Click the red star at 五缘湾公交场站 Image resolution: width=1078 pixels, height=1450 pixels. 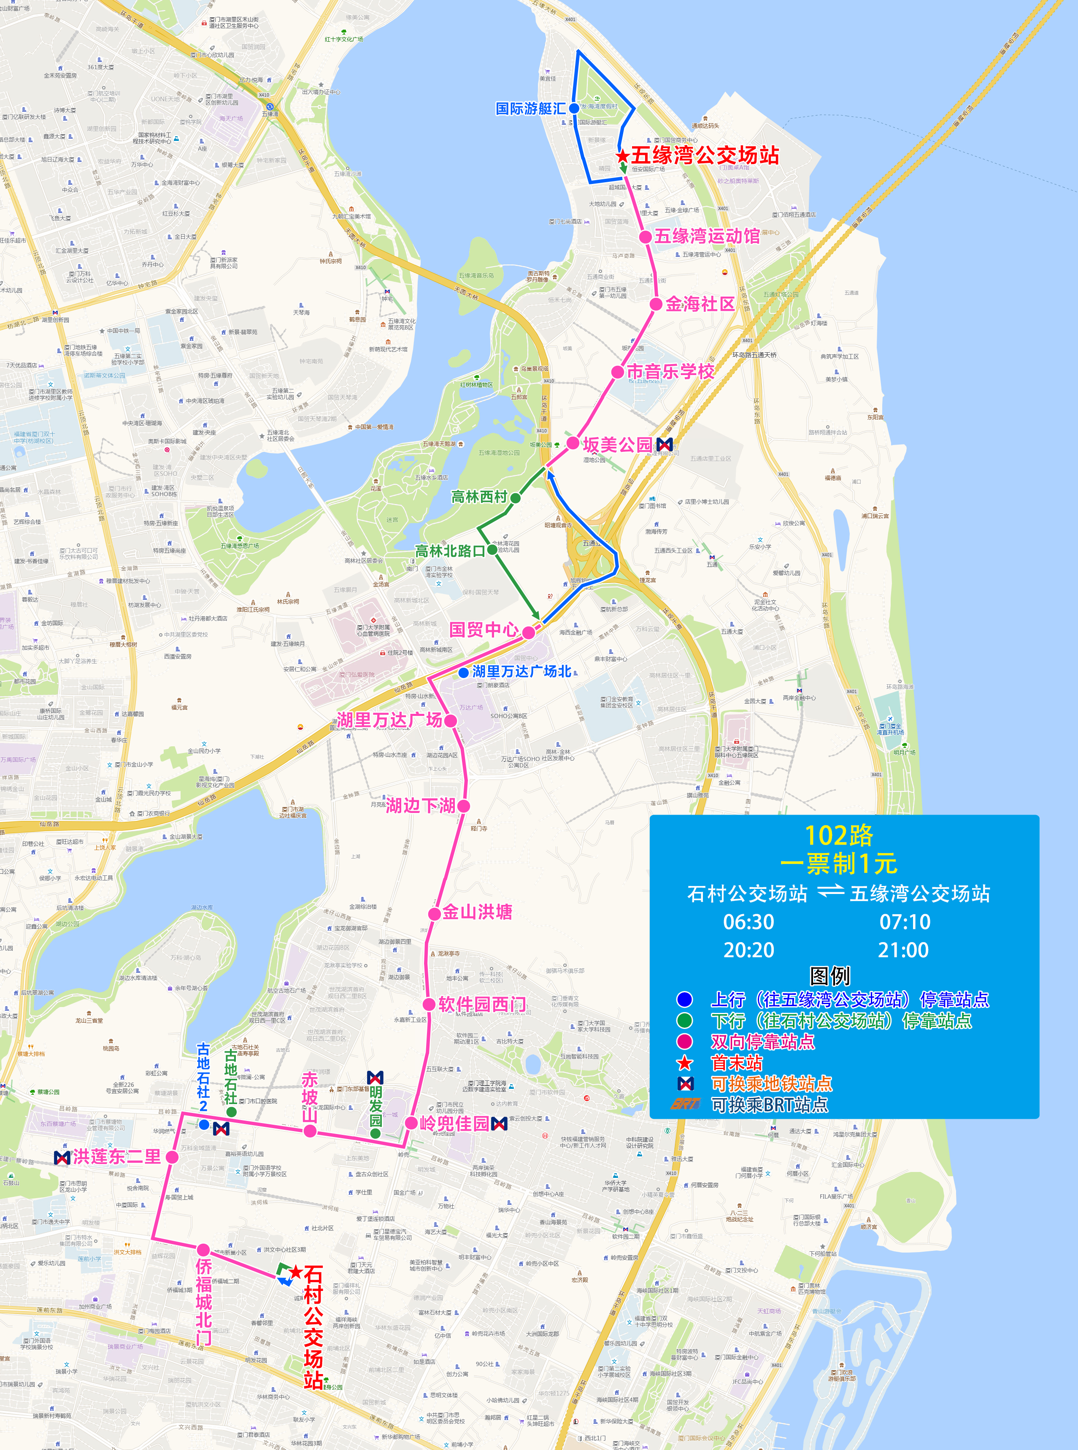(x=622, y=156)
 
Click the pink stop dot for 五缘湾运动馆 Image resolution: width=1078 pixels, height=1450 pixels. (x=645, y=237)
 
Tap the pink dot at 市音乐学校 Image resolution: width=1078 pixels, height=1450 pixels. (x=617, y=372)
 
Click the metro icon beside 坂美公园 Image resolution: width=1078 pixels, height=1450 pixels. (x=664, y=444)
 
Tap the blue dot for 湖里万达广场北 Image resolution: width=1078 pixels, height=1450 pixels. (x=463, y=672)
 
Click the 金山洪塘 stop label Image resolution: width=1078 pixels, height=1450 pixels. (x=477, y=912)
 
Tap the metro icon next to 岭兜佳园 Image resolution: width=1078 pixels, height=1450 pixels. (x=499, y=1123)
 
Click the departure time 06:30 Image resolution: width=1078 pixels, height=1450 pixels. (x=748, y=922)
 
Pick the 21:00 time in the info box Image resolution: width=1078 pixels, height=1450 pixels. (x=903, y=950)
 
